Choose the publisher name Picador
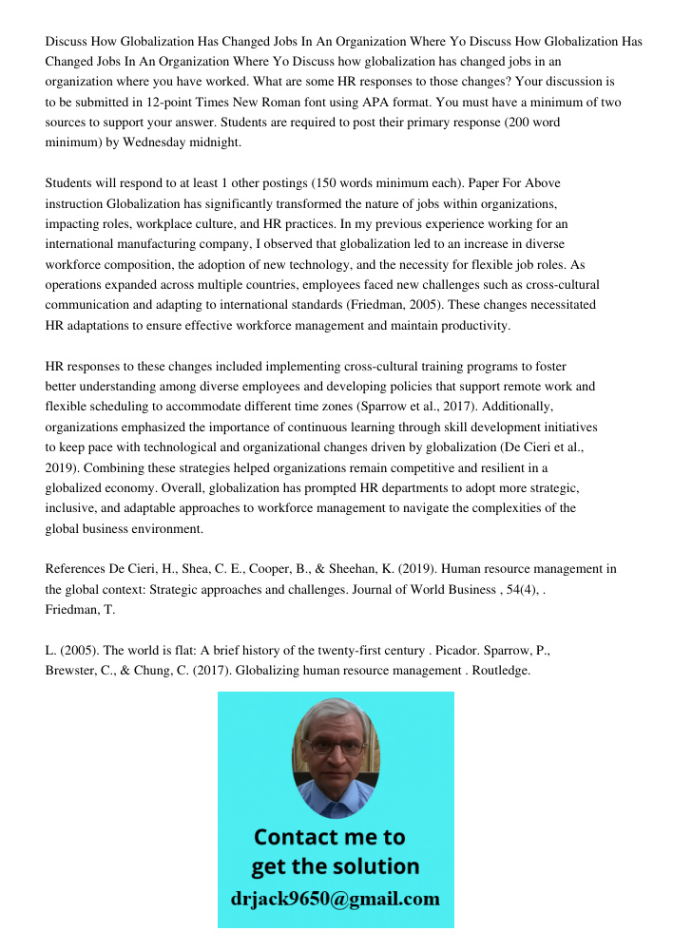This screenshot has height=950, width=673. tap(462, 651)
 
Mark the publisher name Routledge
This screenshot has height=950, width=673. tap(497, 671)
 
